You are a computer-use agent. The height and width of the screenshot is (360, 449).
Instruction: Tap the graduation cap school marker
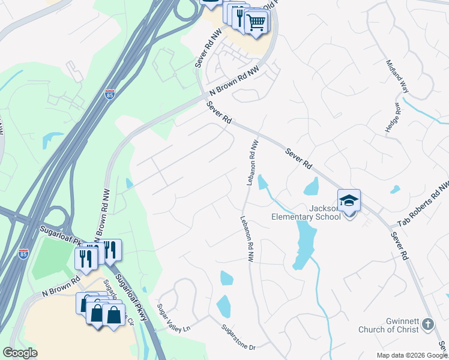click(349, 200)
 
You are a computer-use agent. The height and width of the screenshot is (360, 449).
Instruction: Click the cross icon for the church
click(427, 324)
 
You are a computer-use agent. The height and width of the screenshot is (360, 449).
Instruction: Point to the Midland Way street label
click(397, 75)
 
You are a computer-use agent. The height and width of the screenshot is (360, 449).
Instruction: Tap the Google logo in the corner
click(20, 353)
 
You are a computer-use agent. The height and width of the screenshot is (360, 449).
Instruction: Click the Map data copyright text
click(412, 355)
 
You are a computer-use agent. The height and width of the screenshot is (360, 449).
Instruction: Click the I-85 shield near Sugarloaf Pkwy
click(23, 254)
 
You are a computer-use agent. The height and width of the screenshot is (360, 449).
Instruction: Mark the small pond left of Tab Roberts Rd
click(394, 190)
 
